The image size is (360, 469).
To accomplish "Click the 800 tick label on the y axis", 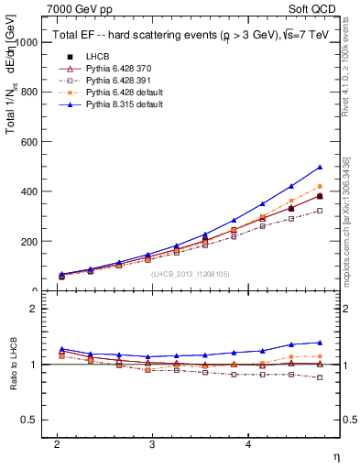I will (x=29, y=92).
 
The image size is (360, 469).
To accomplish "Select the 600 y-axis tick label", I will (x=29, y=142).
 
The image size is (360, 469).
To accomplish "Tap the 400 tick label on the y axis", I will (x=29, y=191).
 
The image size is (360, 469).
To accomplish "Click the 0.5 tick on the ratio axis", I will (x=29, y=420).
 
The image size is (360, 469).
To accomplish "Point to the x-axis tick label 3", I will (x=152, y=443).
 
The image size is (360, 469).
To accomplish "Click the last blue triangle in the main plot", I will (x=320, y=168).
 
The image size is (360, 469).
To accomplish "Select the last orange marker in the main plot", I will (x=320, y=186).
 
